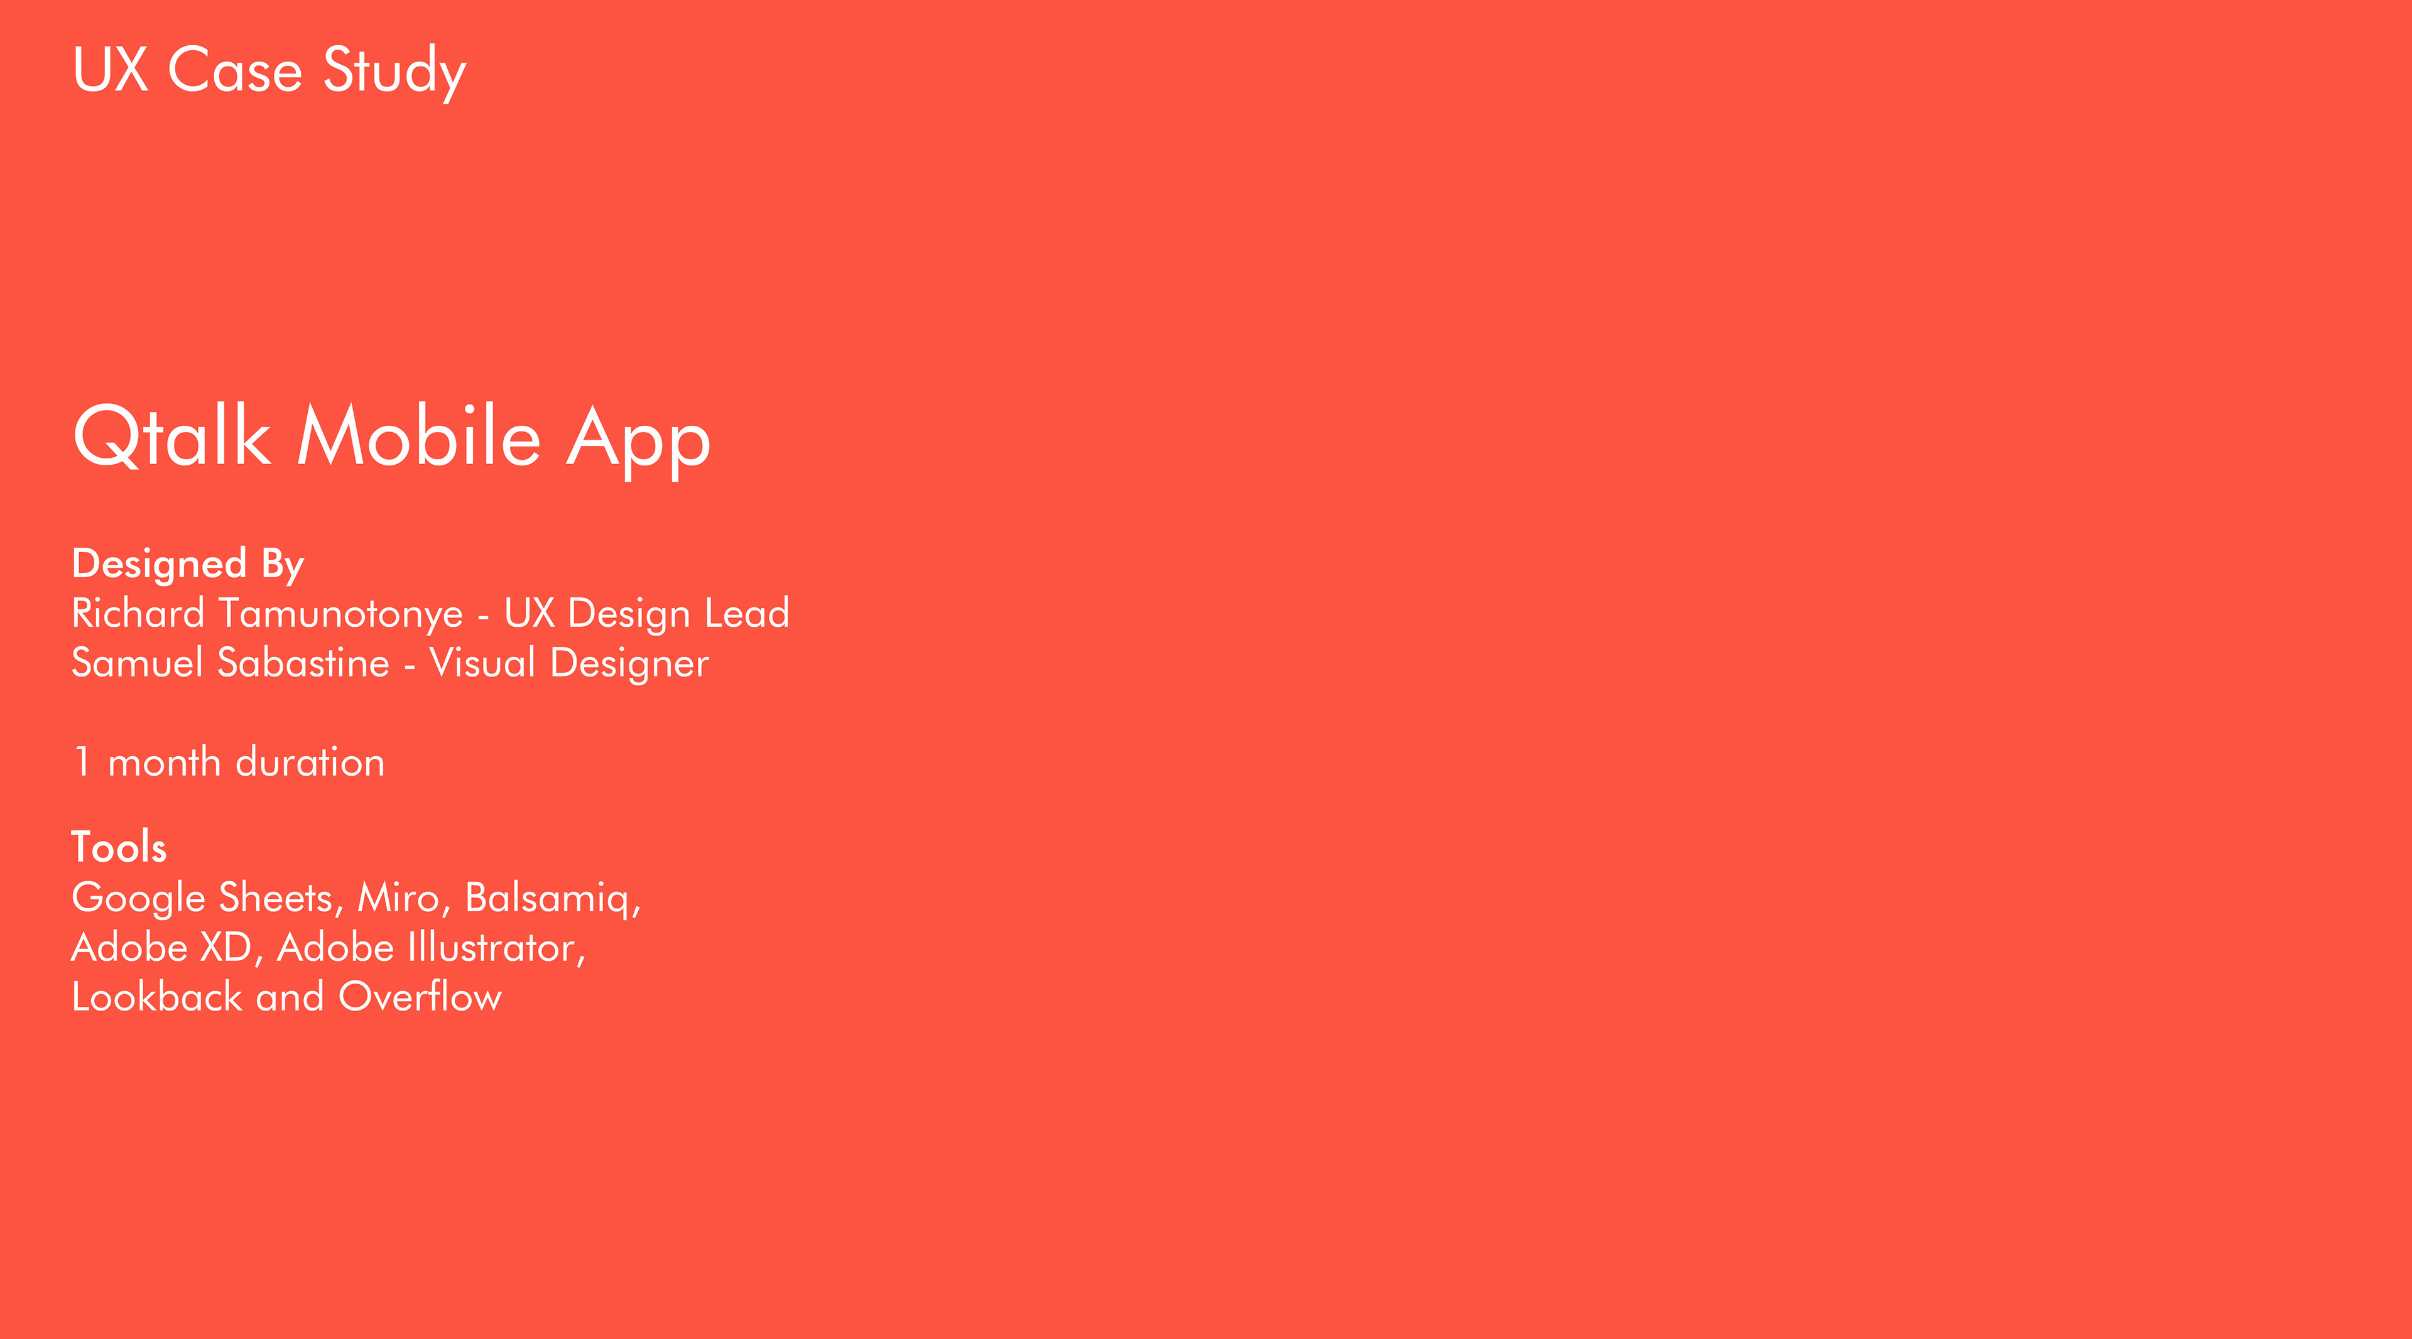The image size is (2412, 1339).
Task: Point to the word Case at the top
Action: coord(235,70)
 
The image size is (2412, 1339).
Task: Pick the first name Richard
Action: coord(139,614)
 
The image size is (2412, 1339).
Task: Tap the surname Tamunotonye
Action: coord(342,615)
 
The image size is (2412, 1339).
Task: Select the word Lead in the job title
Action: coord(747,614)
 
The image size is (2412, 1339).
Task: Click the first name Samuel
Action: coord(138,663)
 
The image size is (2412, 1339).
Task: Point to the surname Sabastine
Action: coord(303,663)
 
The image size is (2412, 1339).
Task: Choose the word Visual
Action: coord(482,663)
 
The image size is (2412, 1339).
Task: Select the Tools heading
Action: coord(119,847)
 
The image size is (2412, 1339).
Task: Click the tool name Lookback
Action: coord(157,997)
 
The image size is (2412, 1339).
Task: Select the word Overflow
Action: coord(420,997)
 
